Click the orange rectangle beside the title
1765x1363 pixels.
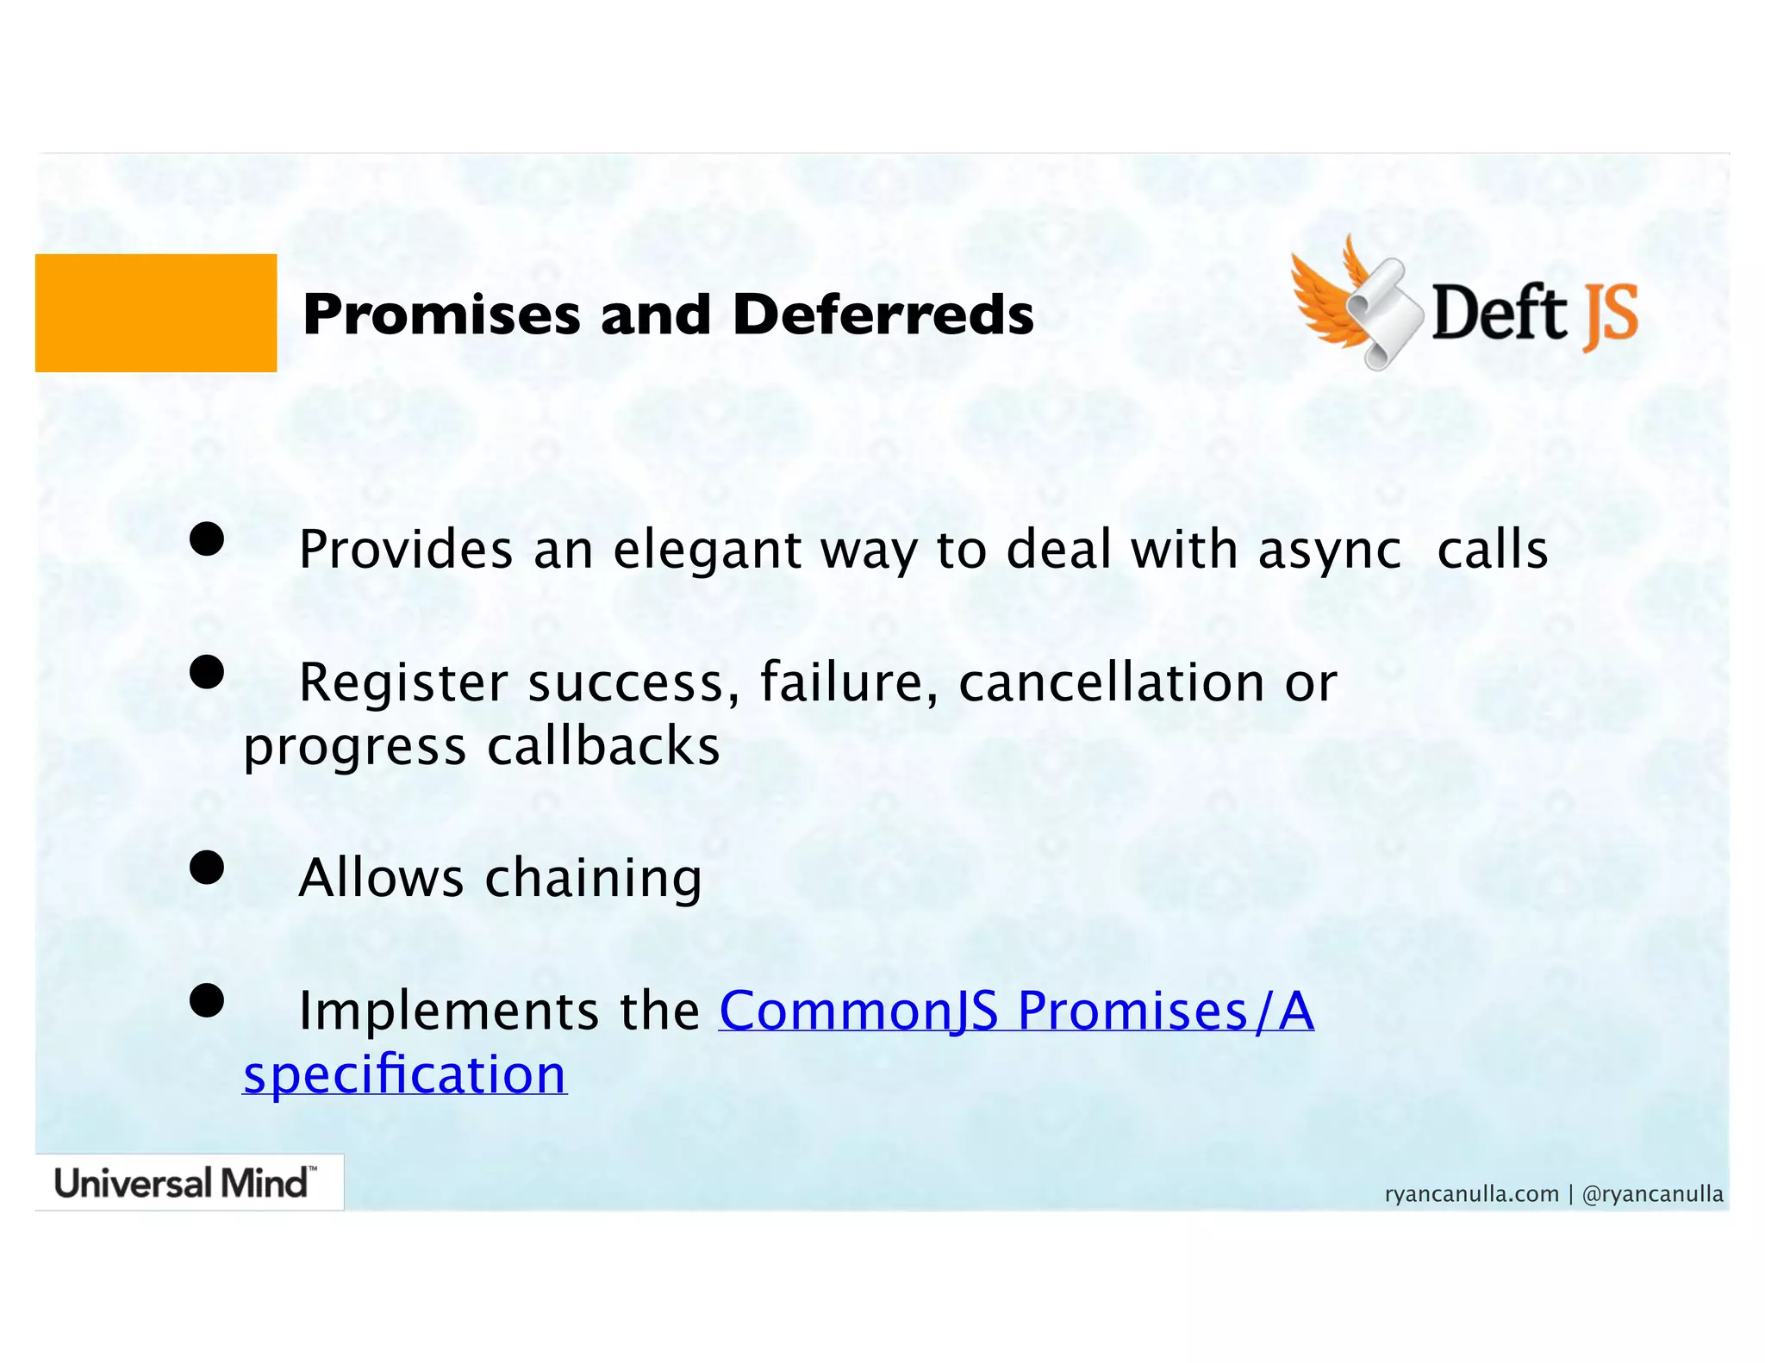point(156,313)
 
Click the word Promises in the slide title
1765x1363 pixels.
point(441,314)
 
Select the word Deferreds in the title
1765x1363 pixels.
point(882,314)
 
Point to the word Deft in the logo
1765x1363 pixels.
point(1499,313)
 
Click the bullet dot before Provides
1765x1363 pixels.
point(207,539)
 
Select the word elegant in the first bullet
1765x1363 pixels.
point(707,550)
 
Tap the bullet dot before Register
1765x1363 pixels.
point(207,672)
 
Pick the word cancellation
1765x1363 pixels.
point(1111,682)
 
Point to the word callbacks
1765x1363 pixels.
point(603,746)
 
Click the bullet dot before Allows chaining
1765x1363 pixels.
point(207,868)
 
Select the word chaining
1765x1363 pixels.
point(594,879)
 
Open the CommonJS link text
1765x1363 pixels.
point(858,1011)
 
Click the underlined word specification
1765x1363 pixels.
point(405,1075)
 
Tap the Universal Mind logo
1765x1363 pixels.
point(186,1183)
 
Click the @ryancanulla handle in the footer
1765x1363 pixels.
point(1652,1194)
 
